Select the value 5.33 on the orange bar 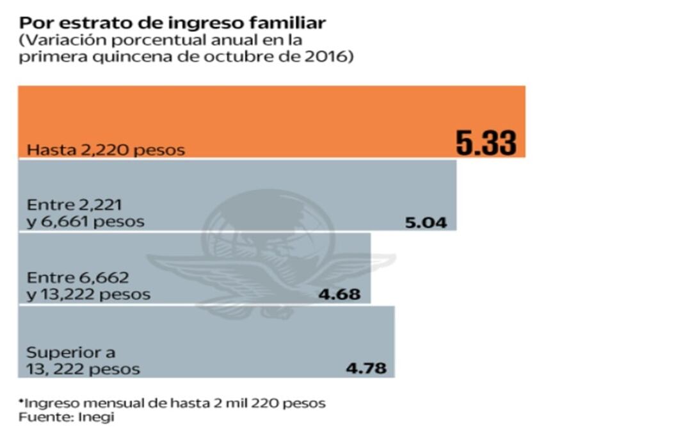(x=486, y=143)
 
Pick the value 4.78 (x=366, y=369)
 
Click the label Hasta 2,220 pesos (x=106, y=150)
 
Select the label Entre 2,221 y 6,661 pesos (x=85, y=213)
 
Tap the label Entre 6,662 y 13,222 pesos (x=88, y=287)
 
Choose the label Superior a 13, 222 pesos (x=83, y=361)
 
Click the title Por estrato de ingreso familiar (x=172, y=23)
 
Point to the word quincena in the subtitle (x=117, y=56)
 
